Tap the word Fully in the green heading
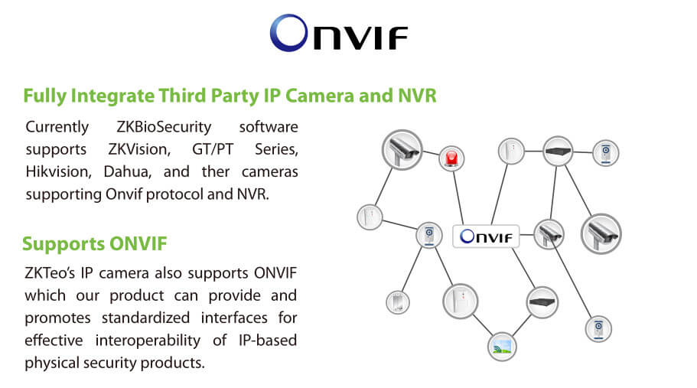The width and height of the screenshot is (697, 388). [x=45, y=96]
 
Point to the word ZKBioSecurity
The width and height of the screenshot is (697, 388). [x=164, y=127]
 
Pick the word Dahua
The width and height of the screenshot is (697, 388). [x=128, y=171]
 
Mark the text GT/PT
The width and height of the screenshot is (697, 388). [x=213, y=149]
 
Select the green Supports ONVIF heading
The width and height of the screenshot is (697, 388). [x=95, y=244]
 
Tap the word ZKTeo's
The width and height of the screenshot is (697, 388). [x=50, y=273]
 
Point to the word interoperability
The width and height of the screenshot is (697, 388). [x=148, y=341]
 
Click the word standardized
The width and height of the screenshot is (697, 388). [x=145, y=318]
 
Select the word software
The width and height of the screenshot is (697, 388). [x=269, y=127]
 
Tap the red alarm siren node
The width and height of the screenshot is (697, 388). [x=451, y=158]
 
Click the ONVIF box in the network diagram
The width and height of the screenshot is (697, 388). [x=486, y=236]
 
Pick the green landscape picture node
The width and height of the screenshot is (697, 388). [x=502, y=347]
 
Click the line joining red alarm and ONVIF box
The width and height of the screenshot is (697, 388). [x=458, y=197]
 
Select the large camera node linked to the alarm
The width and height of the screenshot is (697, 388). [x=402, y=150]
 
